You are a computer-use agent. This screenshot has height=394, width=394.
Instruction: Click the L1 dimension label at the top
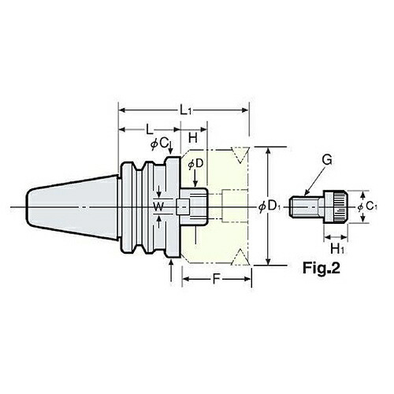tap(185, 110)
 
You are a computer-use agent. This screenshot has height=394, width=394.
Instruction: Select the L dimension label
tap(150, 129)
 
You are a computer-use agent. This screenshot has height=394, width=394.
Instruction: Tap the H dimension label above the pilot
tap(193, 137)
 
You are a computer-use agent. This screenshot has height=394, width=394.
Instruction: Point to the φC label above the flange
tap(159, 144)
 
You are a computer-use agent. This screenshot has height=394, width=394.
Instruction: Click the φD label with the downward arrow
tap(195, 164)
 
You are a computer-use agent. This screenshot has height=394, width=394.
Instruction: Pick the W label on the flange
tap(158, 206)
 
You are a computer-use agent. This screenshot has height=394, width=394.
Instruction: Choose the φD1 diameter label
tap(269, 206)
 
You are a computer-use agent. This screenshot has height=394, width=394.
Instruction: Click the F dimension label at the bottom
tap(216, 279)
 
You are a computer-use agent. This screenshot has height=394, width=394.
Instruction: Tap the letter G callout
tap(327, 160)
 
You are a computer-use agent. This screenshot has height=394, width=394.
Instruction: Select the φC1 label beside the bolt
tap(367, 206)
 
